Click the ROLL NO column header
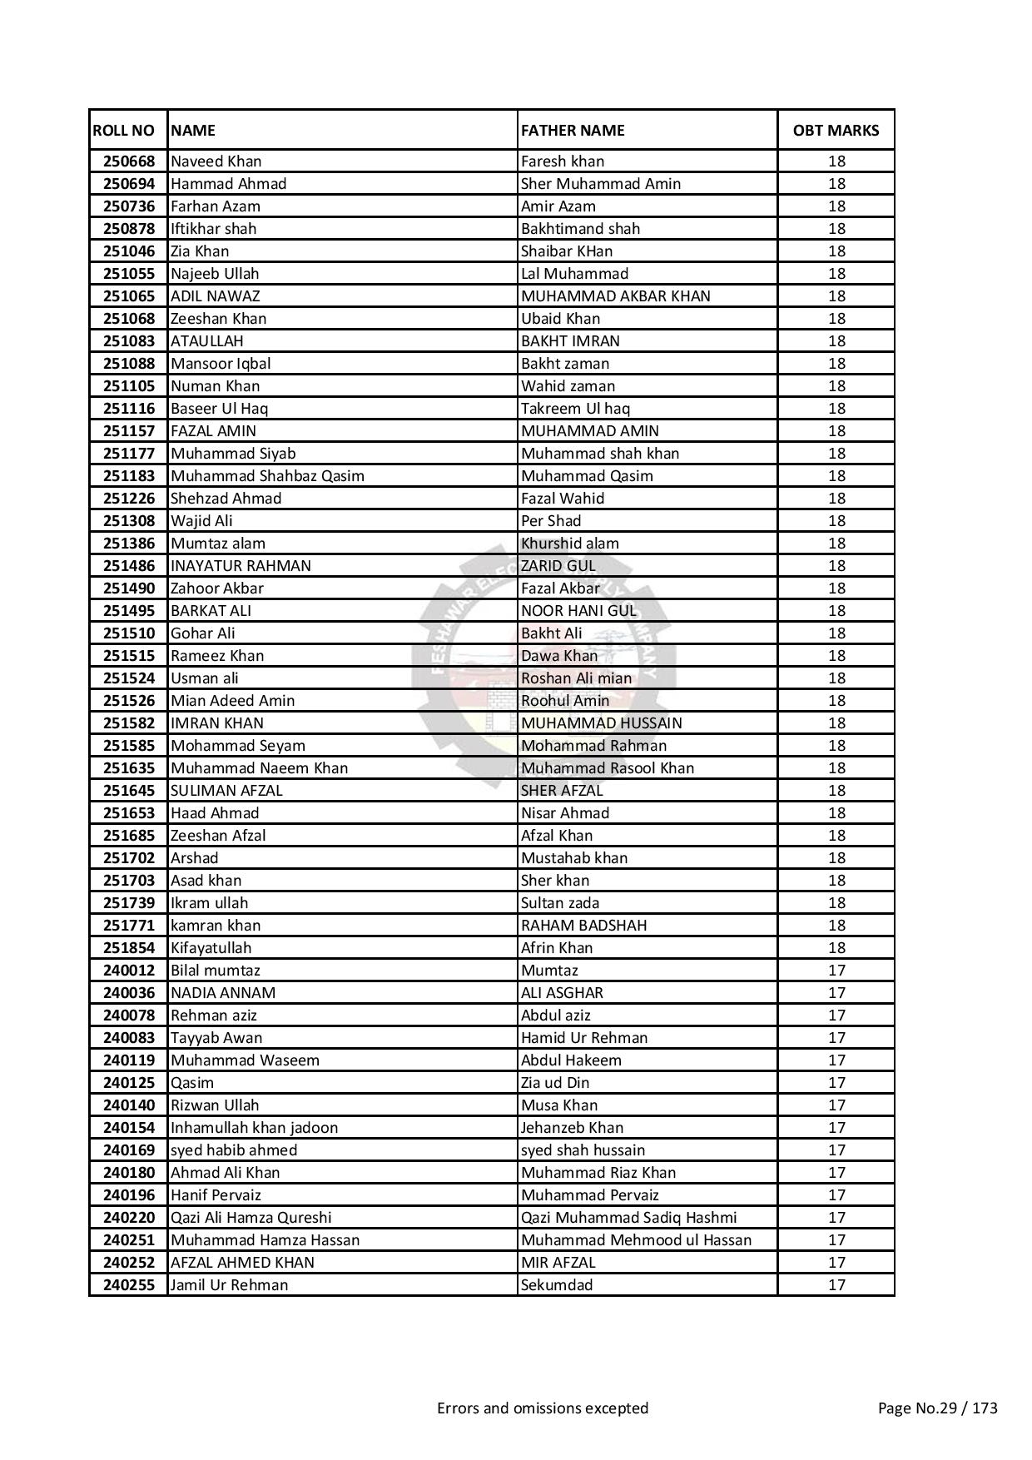[124, 131]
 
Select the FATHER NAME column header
[573, 131]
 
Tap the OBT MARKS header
[836, 131]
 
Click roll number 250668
[129, 161]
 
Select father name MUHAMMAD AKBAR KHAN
[615, 296]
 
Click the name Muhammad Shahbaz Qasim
[267, 476]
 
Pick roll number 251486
[129, 566]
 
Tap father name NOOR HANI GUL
[578, 611]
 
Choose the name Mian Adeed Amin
[232, 701]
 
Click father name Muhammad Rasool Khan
[607, 768]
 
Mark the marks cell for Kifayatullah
[836, 948]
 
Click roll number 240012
[129, 971]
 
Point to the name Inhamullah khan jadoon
[254, 1128]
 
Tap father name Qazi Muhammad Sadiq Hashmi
[628, 1218]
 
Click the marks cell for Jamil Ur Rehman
[836, 1285]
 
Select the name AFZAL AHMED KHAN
[242, 1263]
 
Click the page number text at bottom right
[937, 1408]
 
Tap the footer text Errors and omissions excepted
[543, 1408]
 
